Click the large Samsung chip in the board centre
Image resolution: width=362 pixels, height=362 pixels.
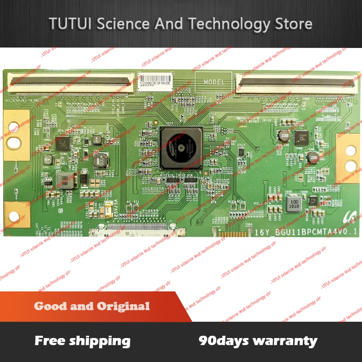tap(181, 148)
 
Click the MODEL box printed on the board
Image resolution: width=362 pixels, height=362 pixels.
tap(214, 81)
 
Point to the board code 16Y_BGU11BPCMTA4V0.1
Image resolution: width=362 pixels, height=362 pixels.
tap(305, 232)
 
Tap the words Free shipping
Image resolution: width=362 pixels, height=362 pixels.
tap(82, 341)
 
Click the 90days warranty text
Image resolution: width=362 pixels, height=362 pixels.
tap(258, 341)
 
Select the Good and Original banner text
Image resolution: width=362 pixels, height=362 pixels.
tap(92, 306)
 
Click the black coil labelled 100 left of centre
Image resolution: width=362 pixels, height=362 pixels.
tap(100, 159)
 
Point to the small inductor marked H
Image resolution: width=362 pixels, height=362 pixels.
tap(97, 138)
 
